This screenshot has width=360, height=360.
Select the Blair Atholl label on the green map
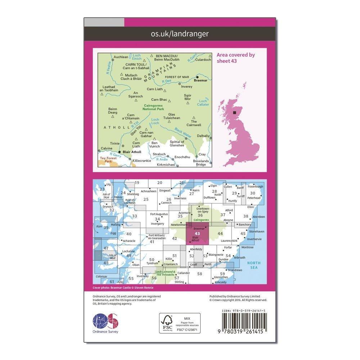132,152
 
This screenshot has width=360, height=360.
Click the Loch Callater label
203,103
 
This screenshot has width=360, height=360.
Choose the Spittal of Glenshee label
177,144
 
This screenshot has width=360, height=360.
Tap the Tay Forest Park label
107,160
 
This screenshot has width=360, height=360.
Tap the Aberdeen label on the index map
258,217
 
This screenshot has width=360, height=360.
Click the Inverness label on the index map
180,198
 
